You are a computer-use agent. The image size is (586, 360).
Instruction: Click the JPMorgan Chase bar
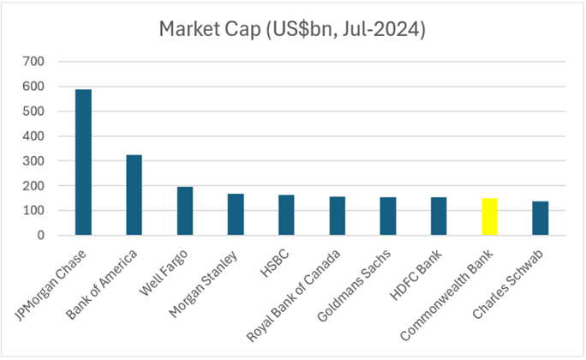point(83,162)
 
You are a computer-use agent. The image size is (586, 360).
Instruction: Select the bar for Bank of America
point(134,195)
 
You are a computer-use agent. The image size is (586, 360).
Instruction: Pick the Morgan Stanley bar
point(236,214)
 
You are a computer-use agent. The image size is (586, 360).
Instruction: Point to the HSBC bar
point(286,215)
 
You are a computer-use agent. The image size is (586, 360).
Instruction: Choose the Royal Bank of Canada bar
point(337,216)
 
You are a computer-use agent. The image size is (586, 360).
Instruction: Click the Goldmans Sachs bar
point(387,216)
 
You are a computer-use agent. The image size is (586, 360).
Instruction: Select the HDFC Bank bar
point(439,216)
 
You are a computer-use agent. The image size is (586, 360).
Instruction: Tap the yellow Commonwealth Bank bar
point(489,217)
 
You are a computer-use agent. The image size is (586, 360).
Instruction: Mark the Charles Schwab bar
point(540,219)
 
